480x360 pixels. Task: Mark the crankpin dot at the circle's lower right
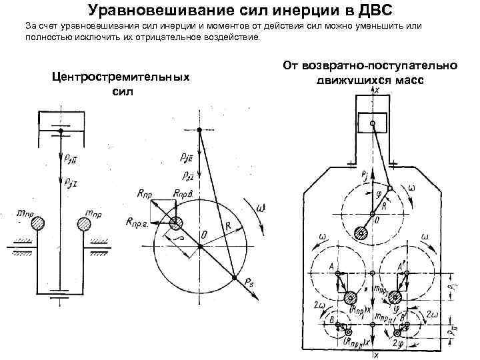pyautogui.click(x=234, y=277)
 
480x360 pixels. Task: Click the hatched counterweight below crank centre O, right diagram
pyautogui.click(x=361, y=233)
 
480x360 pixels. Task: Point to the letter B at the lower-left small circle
pyautogui.click(x=332, y=318)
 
